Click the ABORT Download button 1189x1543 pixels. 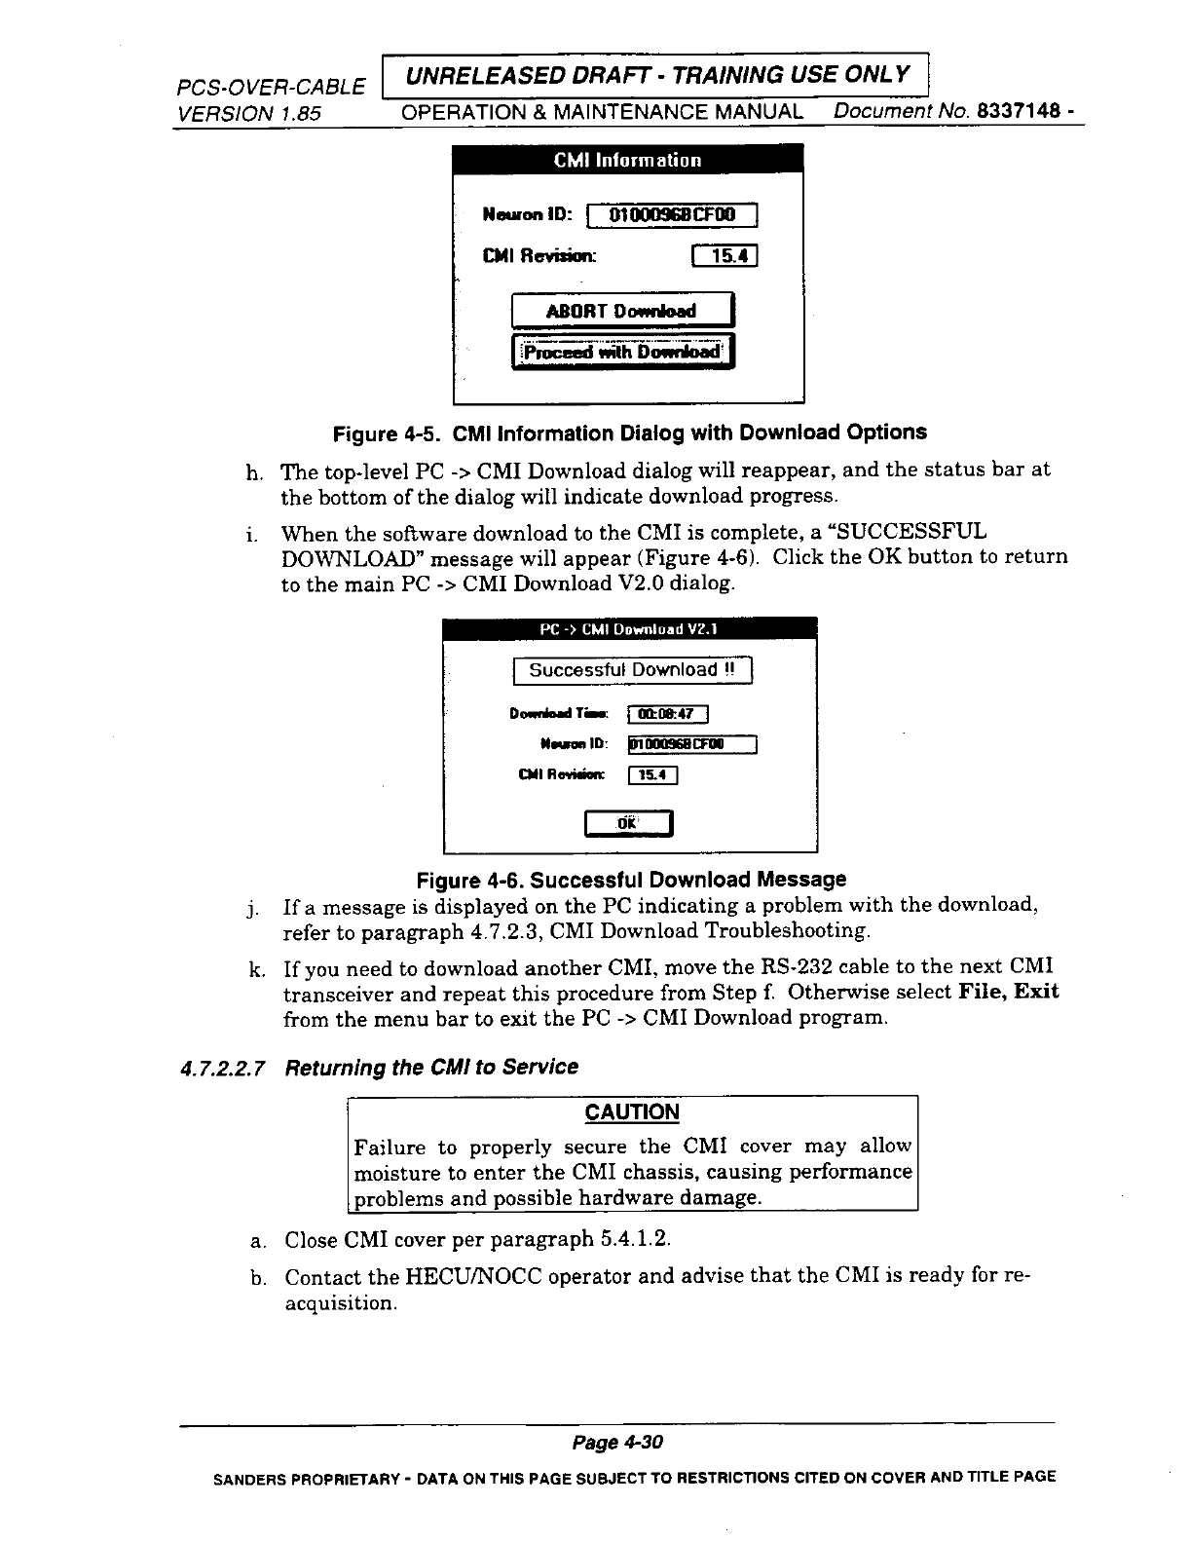[622, 312]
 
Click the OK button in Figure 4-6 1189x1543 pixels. [628, 823]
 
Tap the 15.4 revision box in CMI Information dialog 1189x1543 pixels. [723, 257]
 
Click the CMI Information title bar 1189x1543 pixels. [628, 160]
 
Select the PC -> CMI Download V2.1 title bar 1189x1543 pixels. [629, 629]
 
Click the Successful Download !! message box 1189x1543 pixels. [633, 670]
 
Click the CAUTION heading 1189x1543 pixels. [632, 1112]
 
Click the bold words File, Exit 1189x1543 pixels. [1009, 993]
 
